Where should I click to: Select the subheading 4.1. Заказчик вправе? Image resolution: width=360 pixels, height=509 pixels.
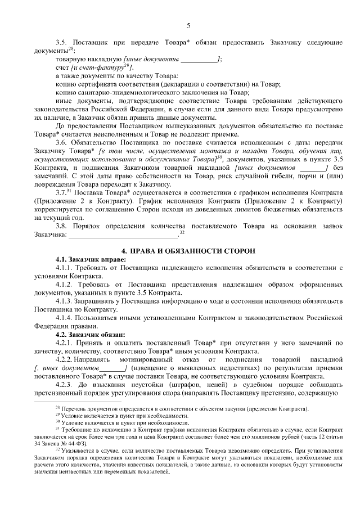(x=87, y=259)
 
